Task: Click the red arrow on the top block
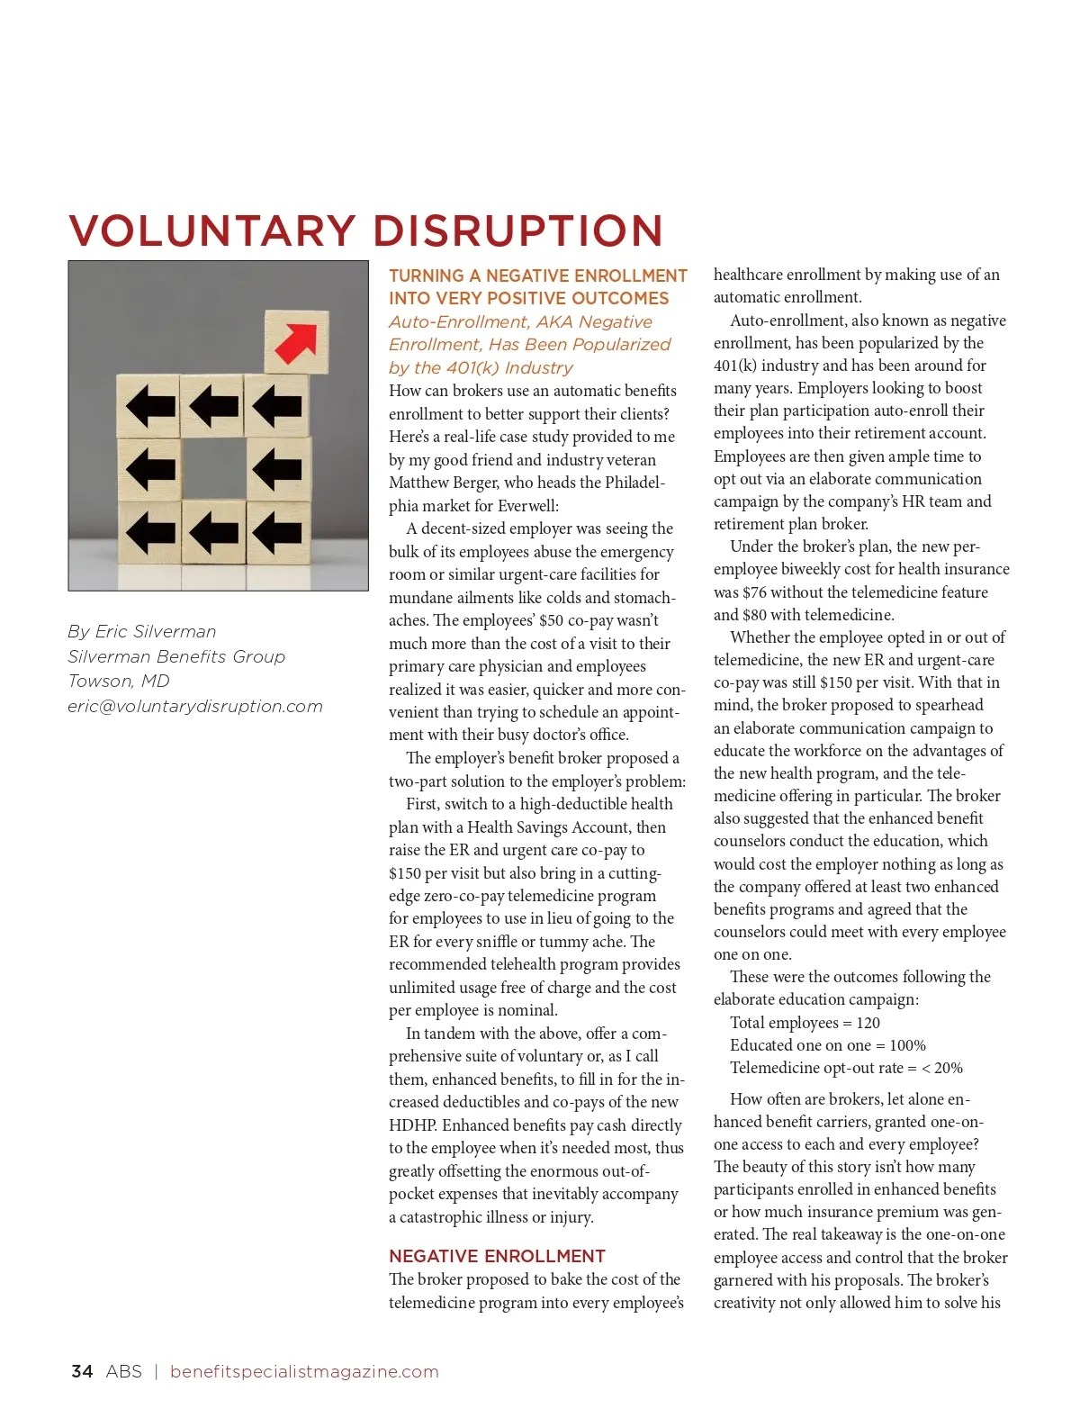coord(297,341)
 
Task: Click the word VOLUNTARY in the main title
coord(212,230)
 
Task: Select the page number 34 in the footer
coord(82,1371)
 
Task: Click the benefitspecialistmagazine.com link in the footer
coord(304,1371)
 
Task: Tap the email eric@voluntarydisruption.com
coord(195,706)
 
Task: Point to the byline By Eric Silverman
coord(142,631)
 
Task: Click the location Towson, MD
coord(119,681)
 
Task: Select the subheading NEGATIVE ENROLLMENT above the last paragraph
coord(497,1256)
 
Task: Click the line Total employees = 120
coord(805,1023)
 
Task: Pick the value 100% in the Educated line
coord(907,1045)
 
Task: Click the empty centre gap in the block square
coord(213,468)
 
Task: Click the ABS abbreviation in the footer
coord(123,1371)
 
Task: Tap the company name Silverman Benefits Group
coord(176,656)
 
